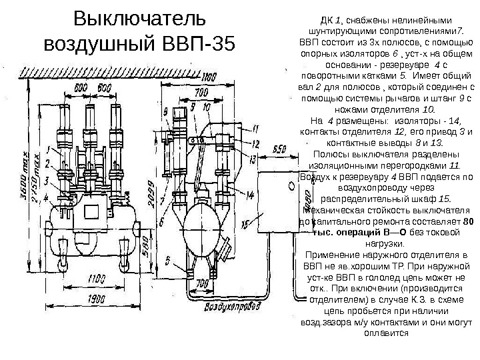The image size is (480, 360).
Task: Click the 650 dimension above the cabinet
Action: [x=280, y=148]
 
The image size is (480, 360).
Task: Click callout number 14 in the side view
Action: [x=249, y=195]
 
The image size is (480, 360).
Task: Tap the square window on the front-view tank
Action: [x=87, y=215]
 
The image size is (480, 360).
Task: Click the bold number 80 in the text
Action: [x=467, y=221]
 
